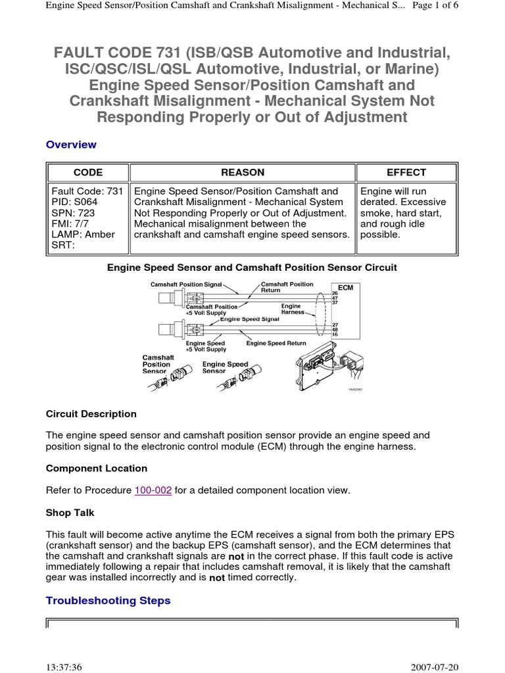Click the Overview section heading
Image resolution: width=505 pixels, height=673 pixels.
(x=71, y=145)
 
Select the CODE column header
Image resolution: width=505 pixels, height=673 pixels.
(x=87, y=173)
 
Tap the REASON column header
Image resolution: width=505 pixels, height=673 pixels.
(x=243, y=173)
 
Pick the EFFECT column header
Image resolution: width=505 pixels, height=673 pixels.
(x=406, y=173)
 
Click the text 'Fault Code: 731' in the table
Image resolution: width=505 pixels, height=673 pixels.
(x=87, y=191)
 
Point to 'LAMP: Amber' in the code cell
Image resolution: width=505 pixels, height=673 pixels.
(x=83, y=235)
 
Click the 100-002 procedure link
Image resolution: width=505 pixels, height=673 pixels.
(x=153, y=490)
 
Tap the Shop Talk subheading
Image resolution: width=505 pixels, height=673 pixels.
(x=74, y=512)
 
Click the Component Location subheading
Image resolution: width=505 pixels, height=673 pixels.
(x=97, y=469)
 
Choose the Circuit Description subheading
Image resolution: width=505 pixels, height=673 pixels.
(x=91, y=414)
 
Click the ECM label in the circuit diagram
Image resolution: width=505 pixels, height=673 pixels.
(x=345, y=288)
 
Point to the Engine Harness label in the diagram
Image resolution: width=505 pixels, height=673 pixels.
(x=292, y=309)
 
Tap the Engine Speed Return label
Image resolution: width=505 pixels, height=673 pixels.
(x=276, y=343)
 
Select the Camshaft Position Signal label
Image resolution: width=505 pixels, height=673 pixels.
(x=186, y=284)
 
